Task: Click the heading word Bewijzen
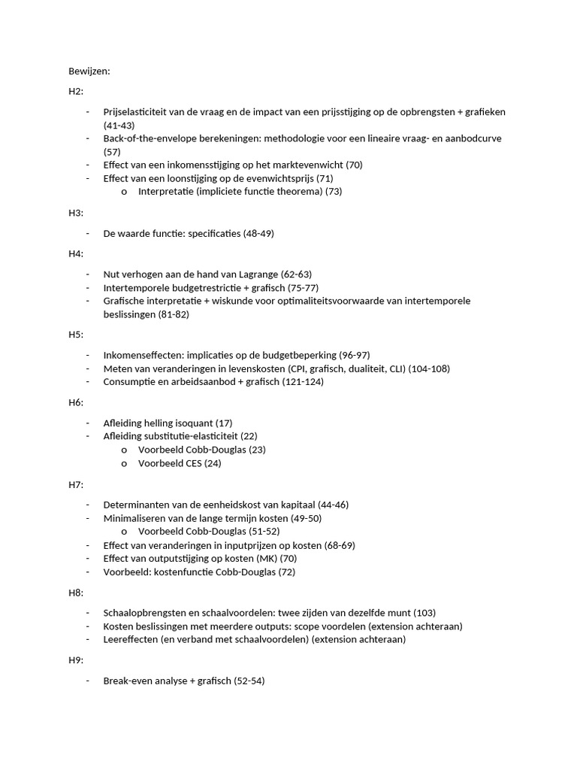(x=89, y=71)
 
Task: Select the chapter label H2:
(x=76, y=92)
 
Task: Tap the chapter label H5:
(x=76, y=335)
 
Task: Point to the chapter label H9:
(x=76, y=660)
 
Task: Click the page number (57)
(x=112, y=152)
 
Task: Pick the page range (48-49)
(x=258, y=234)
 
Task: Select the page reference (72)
(x=286, y=572)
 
